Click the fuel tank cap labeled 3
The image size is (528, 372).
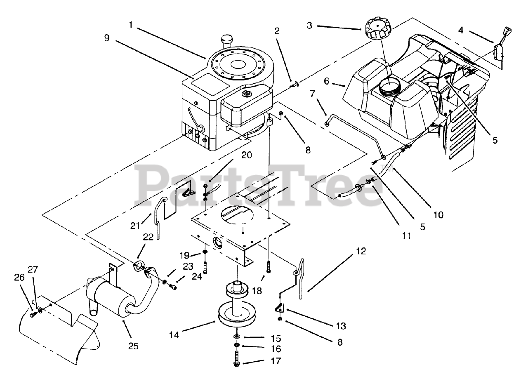tap(377, 30)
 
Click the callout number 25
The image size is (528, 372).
tap(133, 346)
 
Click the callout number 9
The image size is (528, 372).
tap(107, 38)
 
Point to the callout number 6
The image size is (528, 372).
tap(326, 81)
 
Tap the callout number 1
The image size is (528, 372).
tap(130, 25)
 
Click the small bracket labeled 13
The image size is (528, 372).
tap(280, 307)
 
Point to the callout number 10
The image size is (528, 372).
tap(438, 215)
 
